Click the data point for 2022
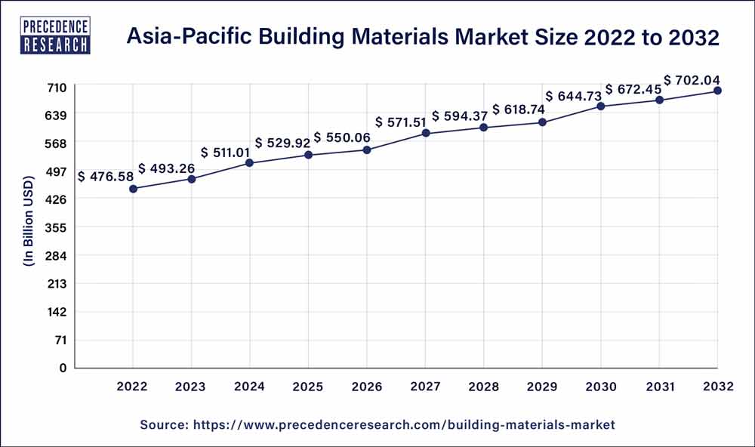tap(133, 189)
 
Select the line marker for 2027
tap(426, 134)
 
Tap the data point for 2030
tap(601, 106)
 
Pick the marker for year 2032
tap(717, 91)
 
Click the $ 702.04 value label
tap(693, 79)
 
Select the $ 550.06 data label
tap(343, 137)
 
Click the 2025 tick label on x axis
tap(309, 387)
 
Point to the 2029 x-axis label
tap(542, 387)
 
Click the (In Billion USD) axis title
tap(29, 227)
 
